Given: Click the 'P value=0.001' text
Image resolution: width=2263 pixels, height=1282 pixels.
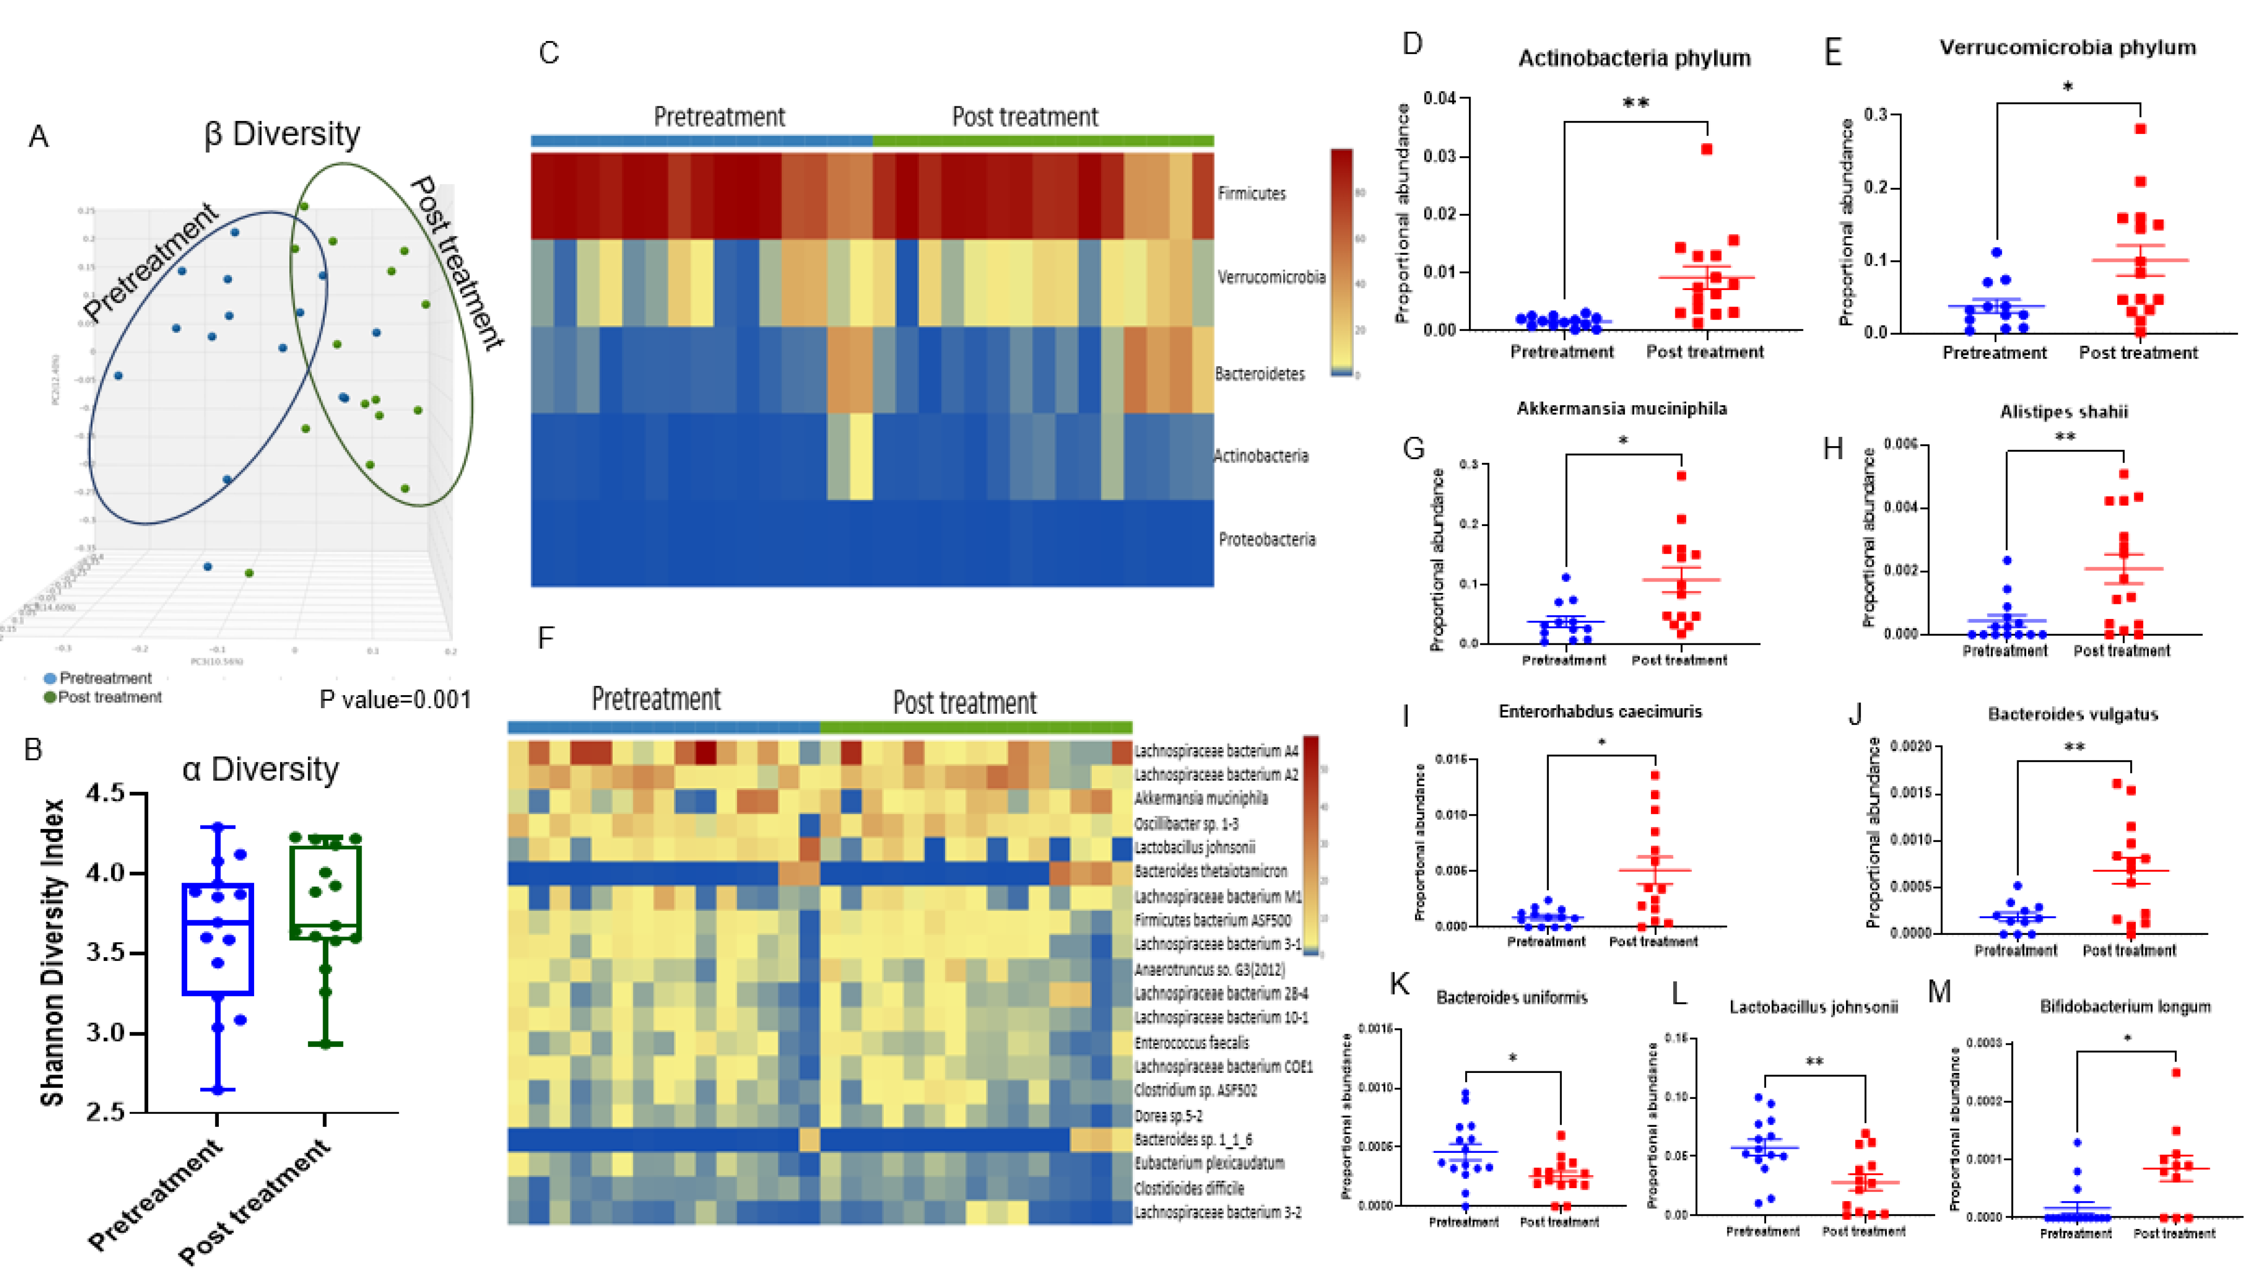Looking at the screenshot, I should click(x=395, y=699).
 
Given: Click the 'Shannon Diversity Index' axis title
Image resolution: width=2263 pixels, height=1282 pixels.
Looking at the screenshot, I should click(x=53, y=951).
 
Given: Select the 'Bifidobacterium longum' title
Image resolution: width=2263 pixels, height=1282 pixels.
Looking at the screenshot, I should click(x=2125, y=1007).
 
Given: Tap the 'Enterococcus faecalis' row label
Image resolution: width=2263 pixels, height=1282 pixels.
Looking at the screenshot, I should click(x=1191, y=1042).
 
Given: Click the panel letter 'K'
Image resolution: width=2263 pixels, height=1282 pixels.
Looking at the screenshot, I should click(x=1399, y=984).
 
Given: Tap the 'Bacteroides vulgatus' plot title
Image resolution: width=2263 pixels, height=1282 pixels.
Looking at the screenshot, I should click(x=2072, y=714).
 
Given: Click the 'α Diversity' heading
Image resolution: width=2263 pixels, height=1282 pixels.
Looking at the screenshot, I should click(x=260, y=769).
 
